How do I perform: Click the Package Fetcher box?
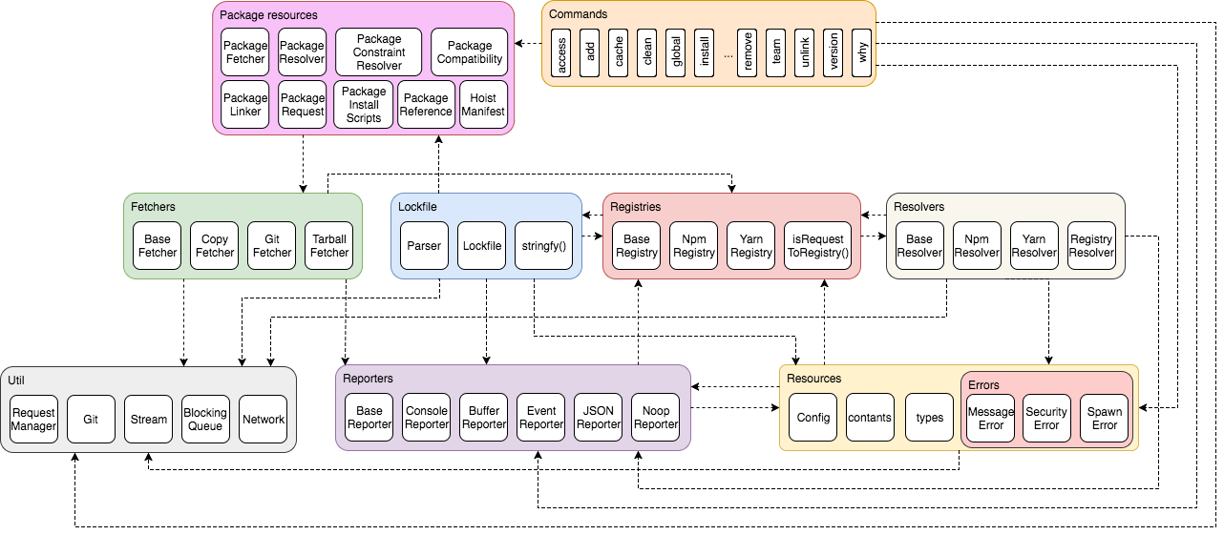[245, 52]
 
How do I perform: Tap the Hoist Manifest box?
[483, 105]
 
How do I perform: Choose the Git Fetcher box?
[272, 246]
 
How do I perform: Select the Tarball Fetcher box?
[329, 246]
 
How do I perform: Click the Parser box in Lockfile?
[424, 246]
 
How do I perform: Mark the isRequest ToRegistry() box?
[818, 246]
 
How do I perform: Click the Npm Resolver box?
[977, 246]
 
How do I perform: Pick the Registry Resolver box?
[1091, 246]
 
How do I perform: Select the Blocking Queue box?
[205, 420]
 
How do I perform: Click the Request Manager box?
[33, 420]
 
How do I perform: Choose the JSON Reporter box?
[599, 418]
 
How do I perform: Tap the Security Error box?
[1046, 419]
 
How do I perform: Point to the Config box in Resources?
[812, 418]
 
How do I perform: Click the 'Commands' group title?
[578, 14]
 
